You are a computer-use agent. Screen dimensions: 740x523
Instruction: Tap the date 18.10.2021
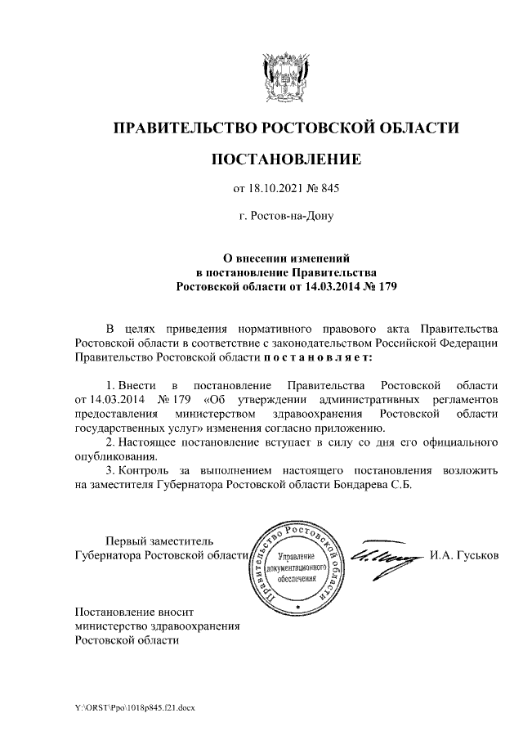(x=275, y=189)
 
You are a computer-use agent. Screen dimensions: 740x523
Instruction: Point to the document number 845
(x=330, y=189)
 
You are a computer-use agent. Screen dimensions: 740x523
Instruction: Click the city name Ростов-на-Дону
(x=285, y=217)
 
